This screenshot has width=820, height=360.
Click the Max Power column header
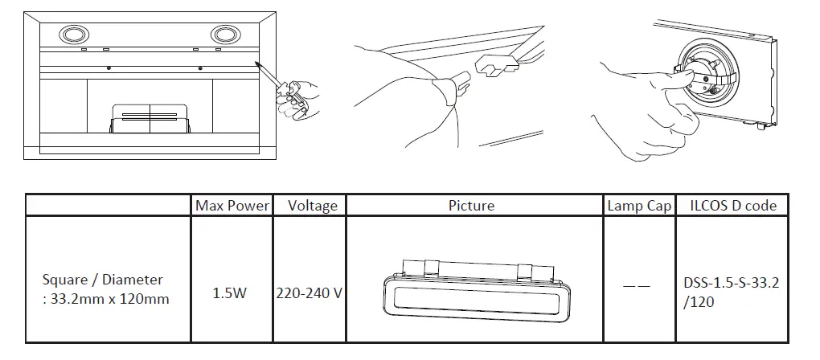(232, 206)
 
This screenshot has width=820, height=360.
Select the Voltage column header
(312, 206)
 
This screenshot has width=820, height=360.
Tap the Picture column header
(471, 206)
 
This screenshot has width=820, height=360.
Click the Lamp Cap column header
(638, 206)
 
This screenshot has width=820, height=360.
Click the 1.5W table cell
(230, 293)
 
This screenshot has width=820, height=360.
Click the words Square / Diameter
(103, 280)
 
